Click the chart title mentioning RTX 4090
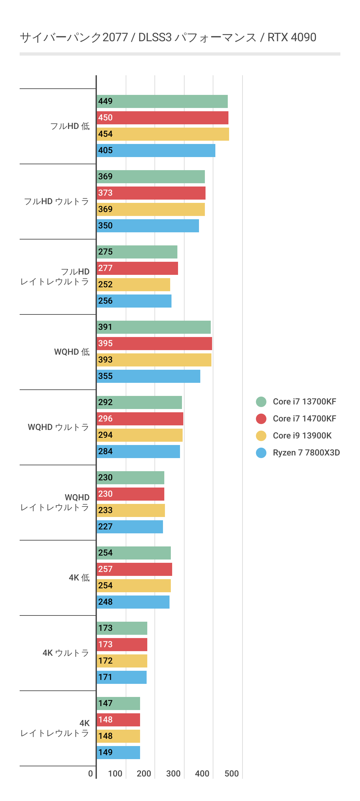(168, 38)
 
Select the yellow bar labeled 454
(163, 134)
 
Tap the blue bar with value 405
(156, 151)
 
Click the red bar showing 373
(151, 193)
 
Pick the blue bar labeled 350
(148, 226)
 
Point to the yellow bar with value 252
(133, 285)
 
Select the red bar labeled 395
(154, 344)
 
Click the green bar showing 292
(139, 402)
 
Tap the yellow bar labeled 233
(131, 510)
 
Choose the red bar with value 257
(134, 569)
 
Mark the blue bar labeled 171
(121, 677)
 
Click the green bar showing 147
(118, 703)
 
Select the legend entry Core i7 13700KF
(304, 401)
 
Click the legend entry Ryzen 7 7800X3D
(306, 453)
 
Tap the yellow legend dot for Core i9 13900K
(261, 436)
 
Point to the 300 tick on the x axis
(173, 774)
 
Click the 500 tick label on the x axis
(231, 774)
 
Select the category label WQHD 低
(72, 352)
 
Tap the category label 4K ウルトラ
(66, 653)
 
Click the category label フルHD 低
(70, 126)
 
